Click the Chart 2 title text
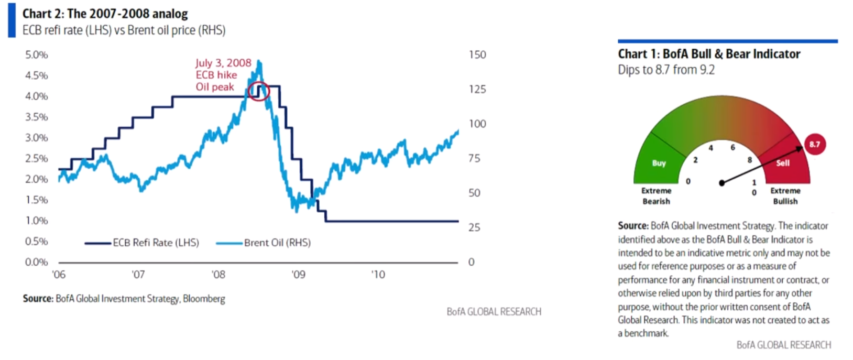[105, 14]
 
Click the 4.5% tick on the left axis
[36, 75]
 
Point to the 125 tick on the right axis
[477, 89]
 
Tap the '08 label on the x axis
[218, 275]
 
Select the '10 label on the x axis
[377, 275]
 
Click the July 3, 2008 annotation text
[223, 63]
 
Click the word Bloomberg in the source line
[204, 299]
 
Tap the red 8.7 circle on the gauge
[814, 144]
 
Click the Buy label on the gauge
[659, 163]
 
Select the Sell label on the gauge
[782, 163]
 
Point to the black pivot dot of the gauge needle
[721, 183]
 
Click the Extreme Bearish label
[656, 196]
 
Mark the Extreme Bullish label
[785, 196]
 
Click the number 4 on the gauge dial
[710, 148]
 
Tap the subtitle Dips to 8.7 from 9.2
[666, 70]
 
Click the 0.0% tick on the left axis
[36, 262]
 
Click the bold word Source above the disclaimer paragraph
[633, 226]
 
